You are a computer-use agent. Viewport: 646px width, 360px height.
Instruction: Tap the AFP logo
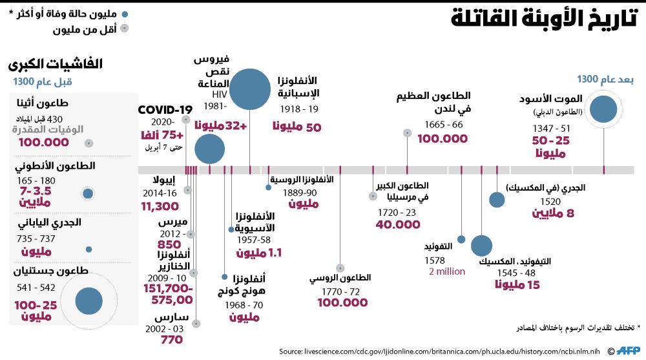(x=625, y=351)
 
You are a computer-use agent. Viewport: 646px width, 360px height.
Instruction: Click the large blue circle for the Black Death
(x=604, y=109)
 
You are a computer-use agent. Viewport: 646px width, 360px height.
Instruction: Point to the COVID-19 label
(x=165, y=109)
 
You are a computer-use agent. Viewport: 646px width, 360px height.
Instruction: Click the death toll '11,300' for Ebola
(x=159, y=206)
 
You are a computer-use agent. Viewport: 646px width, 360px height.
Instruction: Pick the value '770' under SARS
(x=171, y=339)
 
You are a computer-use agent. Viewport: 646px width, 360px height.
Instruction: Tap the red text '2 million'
(x=447, y=271)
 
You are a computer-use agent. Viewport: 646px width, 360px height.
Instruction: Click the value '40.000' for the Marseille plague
(x=398, y=224)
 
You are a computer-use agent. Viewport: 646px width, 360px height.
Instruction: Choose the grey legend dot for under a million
(x=124, y=28)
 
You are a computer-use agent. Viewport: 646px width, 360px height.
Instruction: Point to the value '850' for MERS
(x=169, y=245)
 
